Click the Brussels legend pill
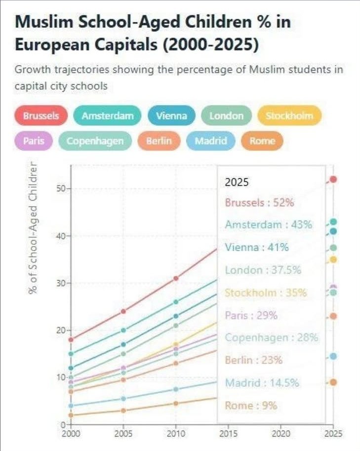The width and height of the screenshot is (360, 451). (x=41, y=116)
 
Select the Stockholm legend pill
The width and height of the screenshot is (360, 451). (x=289, y=116)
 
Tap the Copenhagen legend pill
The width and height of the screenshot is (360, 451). (x=95, y=141)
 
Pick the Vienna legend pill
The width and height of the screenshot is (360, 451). (x=171, y=116)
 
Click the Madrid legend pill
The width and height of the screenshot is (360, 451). (x=211, y=141)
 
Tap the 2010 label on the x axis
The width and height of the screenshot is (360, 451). (x=176, y=434)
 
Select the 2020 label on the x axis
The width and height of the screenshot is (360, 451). (x=281, y=434)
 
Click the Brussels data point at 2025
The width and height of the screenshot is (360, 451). (x=333, y=179)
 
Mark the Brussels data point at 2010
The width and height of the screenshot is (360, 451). (x=176, y=278)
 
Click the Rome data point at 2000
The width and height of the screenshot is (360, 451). (x=71, y=415)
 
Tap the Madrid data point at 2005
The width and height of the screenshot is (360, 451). (x=123, y=399)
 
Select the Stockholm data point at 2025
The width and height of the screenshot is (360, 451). (x=333, y=260)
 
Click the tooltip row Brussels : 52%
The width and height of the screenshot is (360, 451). (x=259, y=202)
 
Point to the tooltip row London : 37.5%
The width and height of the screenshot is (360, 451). (x=262, y=270)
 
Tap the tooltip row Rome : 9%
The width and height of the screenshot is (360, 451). (x=251, y=406)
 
